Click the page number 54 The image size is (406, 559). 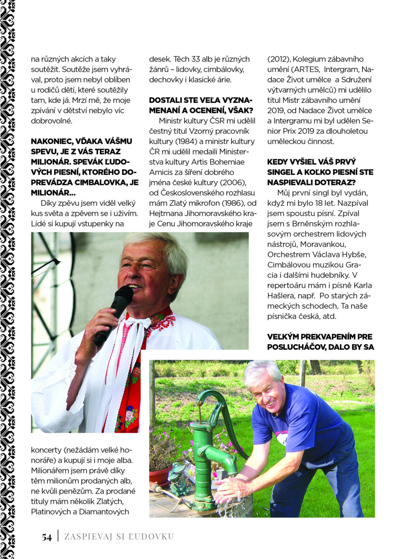[46, 537]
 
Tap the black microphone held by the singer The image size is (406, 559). [114, 314]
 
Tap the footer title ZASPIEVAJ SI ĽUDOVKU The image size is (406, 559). [118, 537]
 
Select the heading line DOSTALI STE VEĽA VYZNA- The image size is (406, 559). [201, 101]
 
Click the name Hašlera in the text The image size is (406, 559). [285, 295]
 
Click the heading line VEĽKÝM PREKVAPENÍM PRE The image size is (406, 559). [320, 336]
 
